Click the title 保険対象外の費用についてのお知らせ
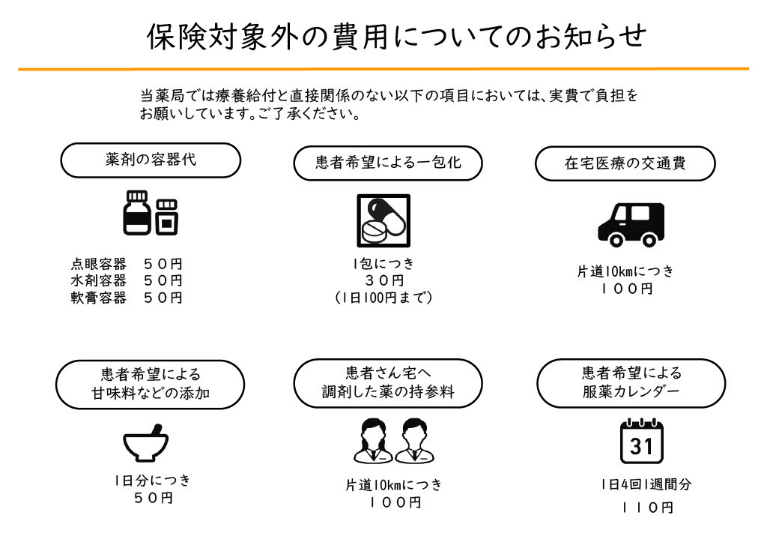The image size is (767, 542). coord(397,37)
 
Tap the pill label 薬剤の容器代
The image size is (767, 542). coord(151,160)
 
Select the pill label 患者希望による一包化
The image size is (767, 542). coord(388,163)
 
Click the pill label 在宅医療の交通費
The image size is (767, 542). coord(625,163)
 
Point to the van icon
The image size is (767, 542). coord(631,225)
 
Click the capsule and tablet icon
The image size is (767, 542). coord(383,221)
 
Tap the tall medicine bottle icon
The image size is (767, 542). coord(136,213)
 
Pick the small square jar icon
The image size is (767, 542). coord(167,217)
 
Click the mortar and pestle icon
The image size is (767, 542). coord(146,443)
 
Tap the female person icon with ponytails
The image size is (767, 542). coord(373,441)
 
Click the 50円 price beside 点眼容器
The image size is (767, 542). coord(163,265)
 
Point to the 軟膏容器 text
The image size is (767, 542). coord(98,298)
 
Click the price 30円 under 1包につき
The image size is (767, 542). coord(384,280)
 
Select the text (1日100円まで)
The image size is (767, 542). coord(383,298)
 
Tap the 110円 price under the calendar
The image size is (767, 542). coord(648,508)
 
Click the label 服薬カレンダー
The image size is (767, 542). coord(631,391)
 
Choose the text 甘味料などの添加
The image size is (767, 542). coord(151,393)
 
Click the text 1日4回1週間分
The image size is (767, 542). coord(646,485)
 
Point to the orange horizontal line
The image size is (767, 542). coord(383,69)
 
